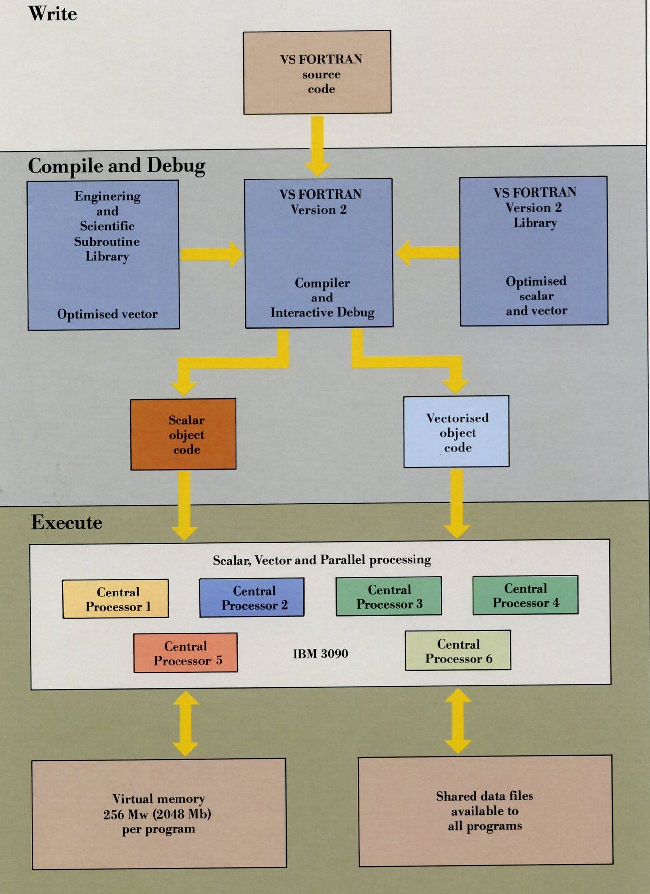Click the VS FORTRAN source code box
point(317,73)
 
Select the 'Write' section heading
point(53,13)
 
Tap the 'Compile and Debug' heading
point(117,166)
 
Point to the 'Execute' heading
point(66,522)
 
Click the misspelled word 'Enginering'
point(108,196)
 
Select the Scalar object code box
point(183,434)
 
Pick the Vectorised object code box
point(456,432)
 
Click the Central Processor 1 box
point(116,599)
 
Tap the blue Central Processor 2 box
point(252,597)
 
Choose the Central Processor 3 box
point(389,596)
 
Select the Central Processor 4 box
point(525,596)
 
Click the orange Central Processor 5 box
point(186,653)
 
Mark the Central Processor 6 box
point(458,651)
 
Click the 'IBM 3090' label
point(320,654)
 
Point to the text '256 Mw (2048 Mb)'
point(157,814)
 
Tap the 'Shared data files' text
point(484,796)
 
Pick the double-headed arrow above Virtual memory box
point(186,723)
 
